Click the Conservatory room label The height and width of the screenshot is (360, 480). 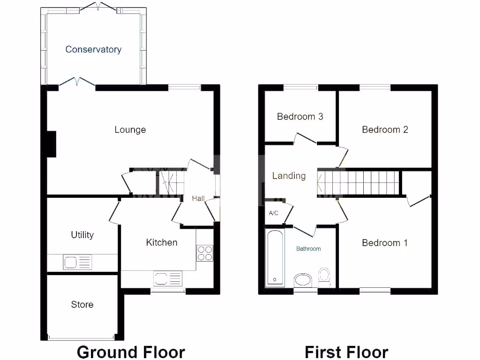tap(93, 49)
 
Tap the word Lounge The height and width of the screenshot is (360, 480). tap(130, 130)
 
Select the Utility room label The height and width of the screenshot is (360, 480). tap(82, 235)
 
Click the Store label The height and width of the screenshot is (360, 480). tap(82, 305)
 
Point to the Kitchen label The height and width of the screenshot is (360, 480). tap(162, 242)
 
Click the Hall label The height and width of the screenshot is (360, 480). tap(198, 199)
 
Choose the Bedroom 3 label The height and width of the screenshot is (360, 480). tap(300, 116)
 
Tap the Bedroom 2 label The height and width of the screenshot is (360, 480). tap(385, 129)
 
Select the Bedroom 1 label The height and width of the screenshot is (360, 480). tap(384, 243)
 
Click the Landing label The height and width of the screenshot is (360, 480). tap(289, 176)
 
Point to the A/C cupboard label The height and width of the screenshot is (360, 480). tap(273, 213)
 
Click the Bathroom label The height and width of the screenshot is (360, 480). tap(308, 249)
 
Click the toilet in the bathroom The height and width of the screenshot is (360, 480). tap(324, 277)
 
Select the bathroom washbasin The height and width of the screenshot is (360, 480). tap(303, 280)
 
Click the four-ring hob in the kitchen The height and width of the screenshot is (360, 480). tap(205, 253)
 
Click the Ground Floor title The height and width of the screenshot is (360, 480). tap(131, 352)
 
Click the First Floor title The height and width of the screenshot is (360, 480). tap(346, 352)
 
